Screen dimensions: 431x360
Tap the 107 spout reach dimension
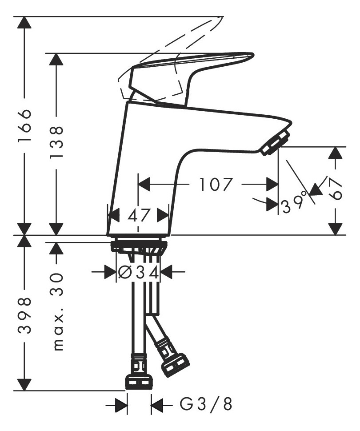(216, 184)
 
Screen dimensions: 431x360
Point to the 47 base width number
(138, 216)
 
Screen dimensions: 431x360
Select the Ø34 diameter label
(137, 272)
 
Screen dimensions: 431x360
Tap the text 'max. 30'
(58, 311)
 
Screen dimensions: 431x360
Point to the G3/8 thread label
(206, 405)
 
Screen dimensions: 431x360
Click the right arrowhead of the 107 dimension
(272, 184)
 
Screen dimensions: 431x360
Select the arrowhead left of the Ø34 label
(109, 272)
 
